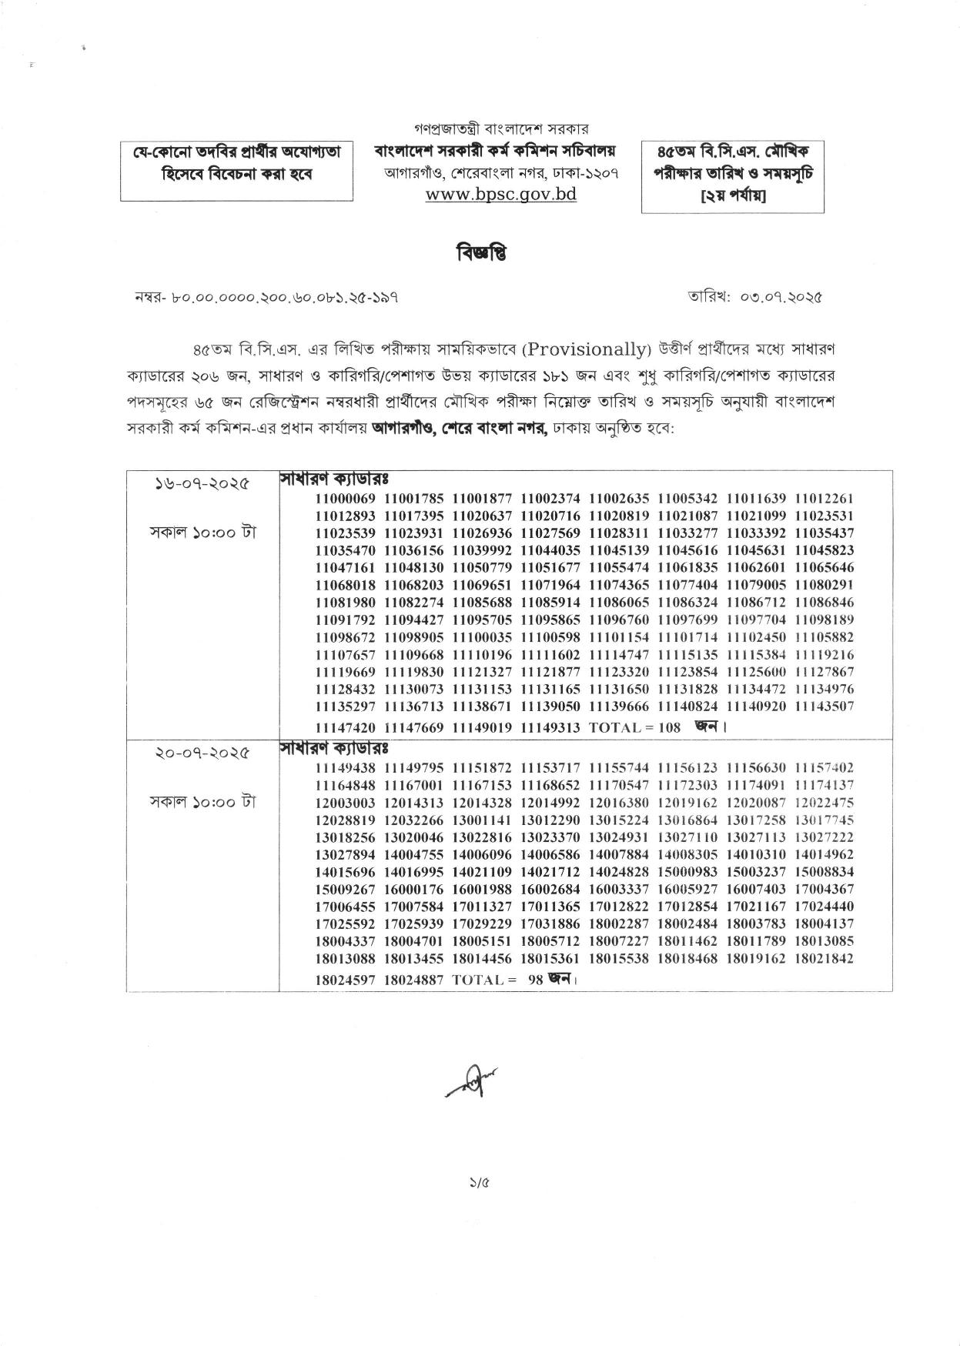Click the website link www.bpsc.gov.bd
point(501,194)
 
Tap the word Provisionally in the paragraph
point(586,349)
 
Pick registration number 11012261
point(824,499)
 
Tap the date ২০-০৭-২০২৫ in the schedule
point(202,753)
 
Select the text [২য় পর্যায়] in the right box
point(732,195)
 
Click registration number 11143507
point(824,706)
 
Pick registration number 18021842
point(824,958)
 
